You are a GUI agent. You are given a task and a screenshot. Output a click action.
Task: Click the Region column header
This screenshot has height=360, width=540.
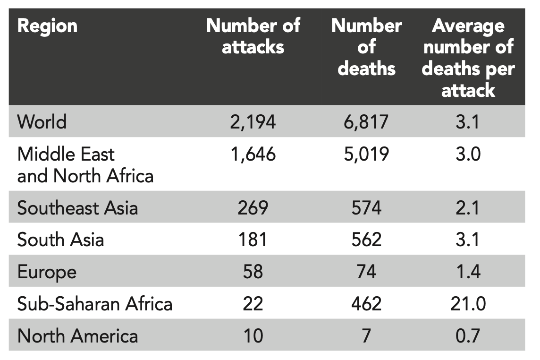point(47,26)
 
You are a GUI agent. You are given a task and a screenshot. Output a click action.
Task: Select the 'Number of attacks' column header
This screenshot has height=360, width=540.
point(253,36)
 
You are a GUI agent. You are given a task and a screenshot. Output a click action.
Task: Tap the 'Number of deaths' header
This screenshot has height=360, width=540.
point(366,47)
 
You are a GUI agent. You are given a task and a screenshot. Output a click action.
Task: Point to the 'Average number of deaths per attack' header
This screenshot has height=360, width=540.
point(468,58)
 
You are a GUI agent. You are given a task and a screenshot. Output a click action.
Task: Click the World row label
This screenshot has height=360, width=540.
point(42,122)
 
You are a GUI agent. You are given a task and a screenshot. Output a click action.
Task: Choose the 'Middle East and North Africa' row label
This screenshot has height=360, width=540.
point(85,165)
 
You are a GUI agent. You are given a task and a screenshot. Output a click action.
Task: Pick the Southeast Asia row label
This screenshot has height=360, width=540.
point(77,208)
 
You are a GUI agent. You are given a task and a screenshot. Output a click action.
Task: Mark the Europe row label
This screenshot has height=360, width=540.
point(47,272)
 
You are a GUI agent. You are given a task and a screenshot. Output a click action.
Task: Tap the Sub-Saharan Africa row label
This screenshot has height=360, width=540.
point(95,304)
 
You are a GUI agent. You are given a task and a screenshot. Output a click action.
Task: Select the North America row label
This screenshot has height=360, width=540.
point(78,336)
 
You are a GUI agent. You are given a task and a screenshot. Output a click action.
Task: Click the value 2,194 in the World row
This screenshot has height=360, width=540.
point(253,122)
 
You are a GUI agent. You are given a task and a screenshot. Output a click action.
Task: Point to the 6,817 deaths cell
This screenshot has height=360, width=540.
point(366,122)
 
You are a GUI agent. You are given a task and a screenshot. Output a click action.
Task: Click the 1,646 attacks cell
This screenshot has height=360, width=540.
point(253,154)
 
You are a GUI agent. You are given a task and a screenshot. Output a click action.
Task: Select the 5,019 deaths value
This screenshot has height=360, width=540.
point(366,154)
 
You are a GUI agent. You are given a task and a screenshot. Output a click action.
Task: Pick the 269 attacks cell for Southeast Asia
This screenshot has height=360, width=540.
point(253,208)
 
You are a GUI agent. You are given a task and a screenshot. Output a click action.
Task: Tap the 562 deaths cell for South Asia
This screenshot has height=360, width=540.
point(366,240)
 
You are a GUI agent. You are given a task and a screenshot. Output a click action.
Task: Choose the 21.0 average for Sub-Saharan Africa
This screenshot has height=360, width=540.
point(468,304)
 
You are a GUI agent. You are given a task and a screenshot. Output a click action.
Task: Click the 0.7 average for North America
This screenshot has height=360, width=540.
point(468,336)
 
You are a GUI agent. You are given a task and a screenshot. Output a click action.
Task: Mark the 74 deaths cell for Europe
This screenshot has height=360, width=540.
point(366,272)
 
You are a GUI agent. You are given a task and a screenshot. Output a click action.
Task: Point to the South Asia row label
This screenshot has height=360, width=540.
point(60,240)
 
